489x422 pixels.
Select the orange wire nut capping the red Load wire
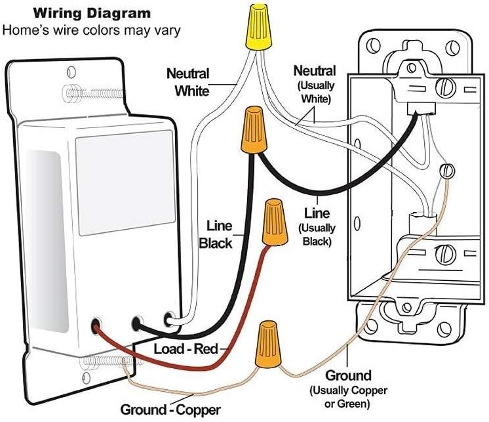(x=275, y=222)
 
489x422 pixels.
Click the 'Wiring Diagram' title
(x=92, y=13)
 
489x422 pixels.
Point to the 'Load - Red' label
(x=186, y=348)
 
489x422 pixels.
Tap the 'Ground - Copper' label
(x=170, y=410)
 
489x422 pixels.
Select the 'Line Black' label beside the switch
(x=216, y=234)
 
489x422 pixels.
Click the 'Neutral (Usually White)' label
(x=315, y=84)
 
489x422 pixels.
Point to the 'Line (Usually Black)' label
(x=317, y=227)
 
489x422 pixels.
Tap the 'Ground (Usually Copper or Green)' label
(x=348, y=389)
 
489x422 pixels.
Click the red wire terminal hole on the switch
(x=96, y=326)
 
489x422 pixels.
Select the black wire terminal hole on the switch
(x=136, y=324)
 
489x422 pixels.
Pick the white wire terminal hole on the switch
(x=168, y=319)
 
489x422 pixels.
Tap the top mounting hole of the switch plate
(x=71, y=72)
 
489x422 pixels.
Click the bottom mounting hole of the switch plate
(x=87, y=378)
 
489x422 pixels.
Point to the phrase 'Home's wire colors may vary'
(x=92, y=31)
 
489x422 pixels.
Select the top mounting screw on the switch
(x=94, y=93)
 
